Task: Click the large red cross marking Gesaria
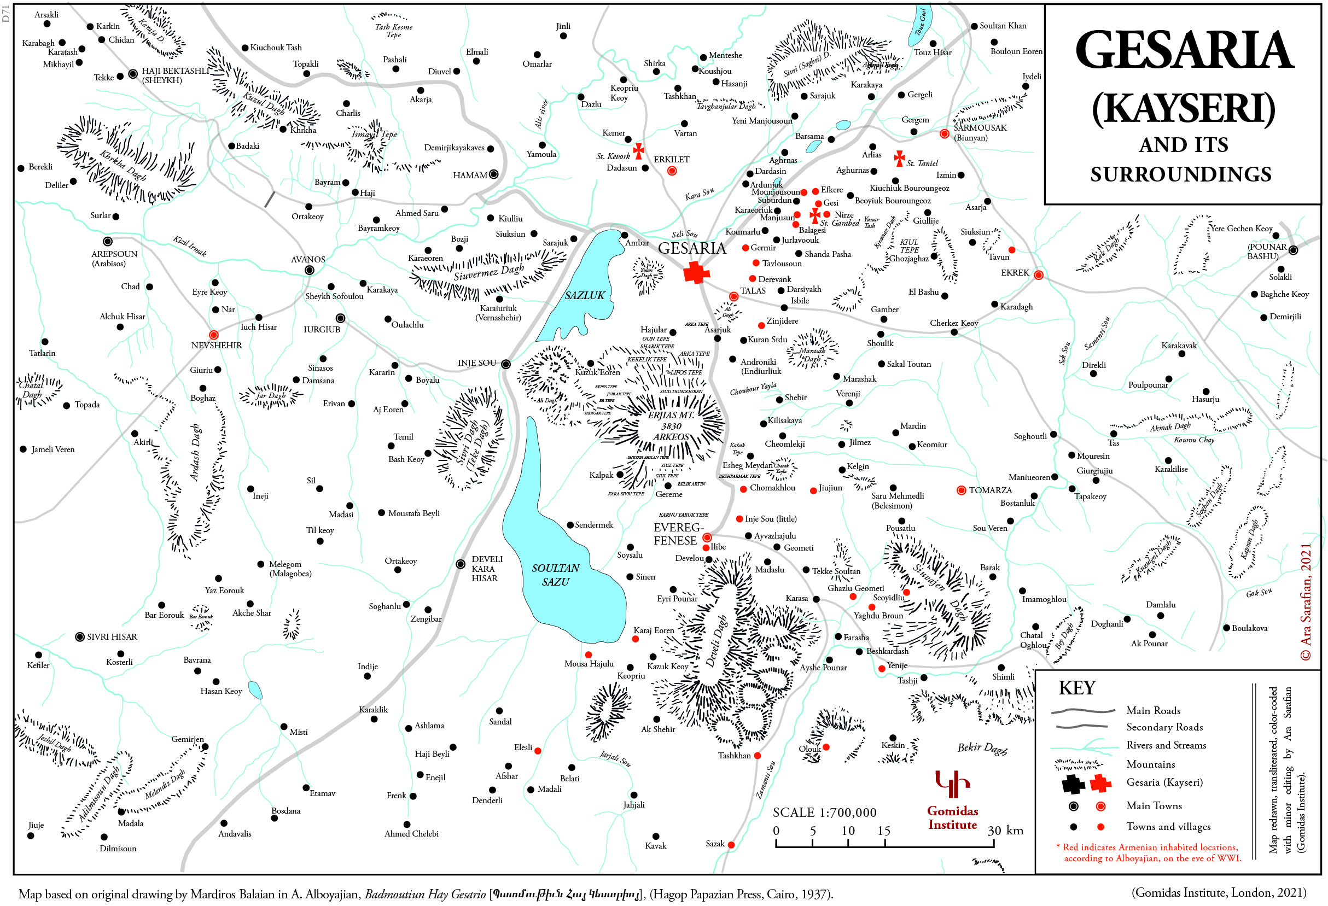(696, 272)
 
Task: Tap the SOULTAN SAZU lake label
(555, 575)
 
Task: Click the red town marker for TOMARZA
(961, 490)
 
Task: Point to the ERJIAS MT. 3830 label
(671, 420)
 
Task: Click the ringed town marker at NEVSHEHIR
(214, 335)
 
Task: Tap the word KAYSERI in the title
(1184, 109)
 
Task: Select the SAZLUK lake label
(584, 295)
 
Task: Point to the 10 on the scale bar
(847, 831)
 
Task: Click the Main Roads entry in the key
(1152, 711)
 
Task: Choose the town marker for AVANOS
(309, 270)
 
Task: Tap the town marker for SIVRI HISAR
(80, 637)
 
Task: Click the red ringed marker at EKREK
(1038, 276)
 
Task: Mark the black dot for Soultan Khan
(974, 26)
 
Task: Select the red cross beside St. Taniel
(899, 157)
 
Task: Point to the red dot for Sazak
(731, 845)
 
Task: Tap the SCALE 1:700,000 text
(824, 813)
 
